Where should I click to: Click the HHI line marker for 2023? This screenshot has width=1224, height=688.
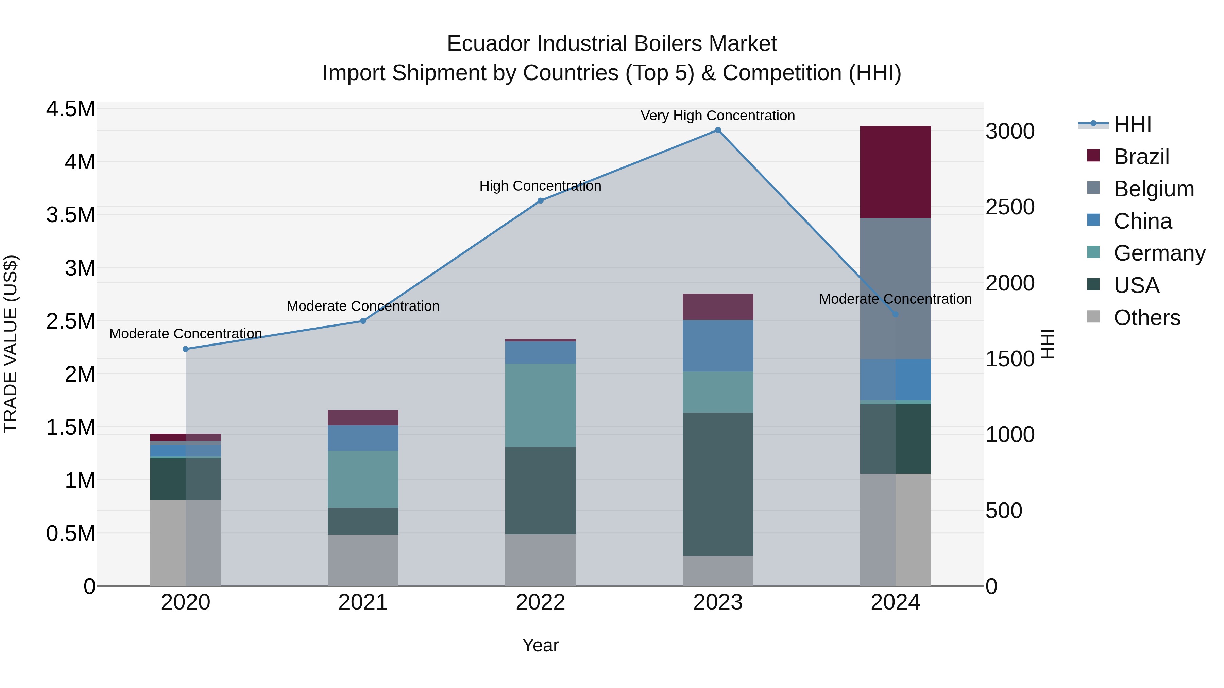coord(717,130)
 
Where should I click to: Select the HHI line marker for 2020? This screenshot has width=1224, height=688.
coord(186,349)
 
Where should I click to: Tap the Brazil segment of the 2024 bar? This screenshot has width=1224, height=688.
coord(895,172)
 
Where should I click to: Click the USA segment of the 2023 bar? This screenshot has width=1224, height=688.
coord(717,484)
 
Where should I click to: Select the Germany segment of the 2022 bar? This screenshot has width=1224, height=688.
coord(540,405)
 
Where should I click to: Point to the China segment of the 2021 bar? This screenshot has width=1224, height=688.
coord(363,438)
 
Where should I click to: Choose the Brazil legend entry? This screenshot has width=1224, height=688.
coord(1140,157)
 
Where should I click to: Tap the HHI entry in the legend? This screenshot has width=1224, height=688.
coord(1132,124)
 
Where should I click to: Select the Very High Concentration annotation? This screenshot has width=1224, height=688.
coord(717,116)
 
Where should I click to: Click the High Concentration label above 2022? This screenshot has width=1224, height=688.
coord(540,186)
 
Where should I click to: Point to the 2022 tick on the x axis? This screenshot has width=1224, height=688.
coord(540,602)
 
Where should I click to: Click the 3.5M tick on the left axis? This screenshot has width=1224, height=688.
coord(70,215)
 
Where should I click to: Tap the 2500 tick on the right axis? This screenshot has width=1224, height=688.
coord(1010,207)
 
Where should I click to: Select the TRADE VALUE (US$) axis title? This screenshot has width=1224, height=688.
coord(11,344)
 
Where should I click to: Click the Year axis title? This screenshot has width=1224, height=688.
coord(540,645)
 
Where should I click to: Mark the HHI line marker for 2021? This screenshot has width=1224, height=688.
coord(363,321)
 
